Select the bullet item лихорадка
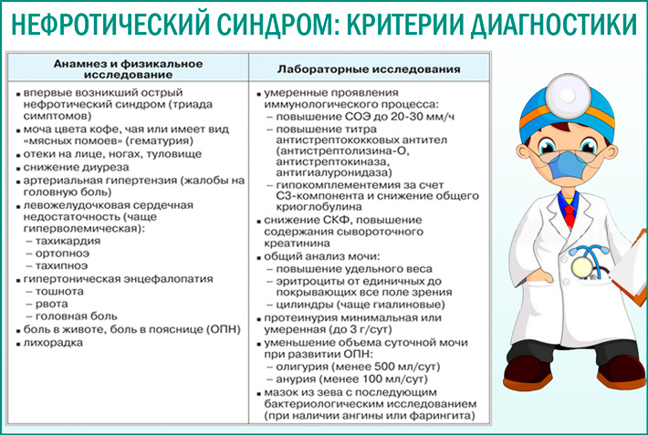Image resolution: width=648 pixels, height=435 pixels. [x=53, y=342]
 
